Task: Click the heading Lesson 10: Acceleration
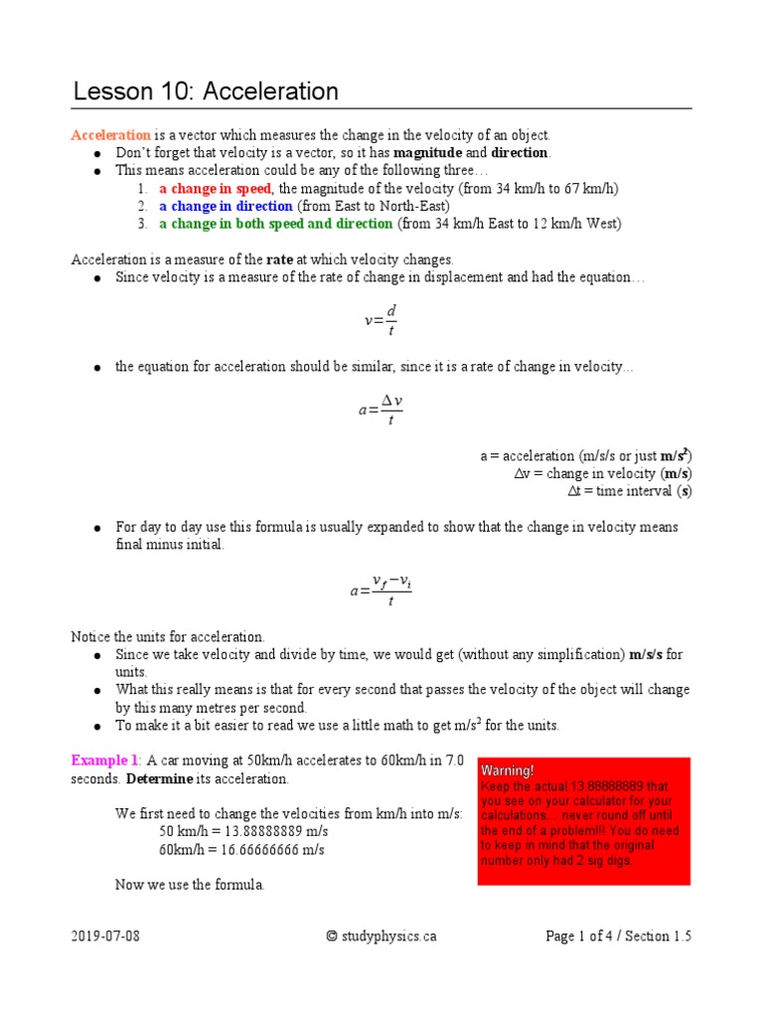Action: (x=206, y=92)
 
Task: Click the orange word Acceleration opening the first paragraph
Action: (x=110, y=135)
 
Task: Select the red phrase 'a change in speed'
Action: (x=216, y=189)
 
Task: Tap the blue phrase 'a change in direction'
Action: (x=226, y=206)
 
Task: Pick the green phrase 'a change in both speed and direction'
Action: (x=276, y=224)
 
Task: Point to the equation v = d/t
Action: (x=381, y=320)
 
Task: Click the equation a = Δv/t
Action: (x=381, y=410)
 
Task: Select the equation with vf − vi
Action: (x=381, y=589)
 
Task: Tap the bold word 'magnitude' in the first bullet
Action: (x=426, y=153)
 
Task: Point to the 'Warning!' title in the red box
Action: (x=508, y=770)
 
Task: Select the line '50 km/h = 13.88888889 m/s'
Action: (x=242, y=832)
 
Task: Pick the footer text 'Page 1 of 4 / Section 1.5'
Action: (x=618, y=935)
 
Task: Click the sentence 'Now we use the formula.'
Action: (x=190, y=885)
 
